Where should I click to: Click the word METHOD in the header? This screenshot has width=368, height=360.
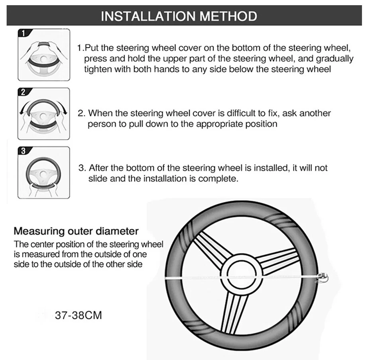pyautogui.click(x=228, y=16)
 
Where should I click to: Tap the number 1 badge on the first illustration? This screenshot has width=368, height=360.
pyautogui.click(x=23, y=33)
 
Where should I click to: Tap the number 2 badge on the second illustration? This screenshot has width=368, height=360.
pyautogui.click(x=23, y=92)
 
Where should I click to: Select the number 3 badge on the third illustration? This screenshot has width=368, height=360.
pyautogui.click(x=23, y=151)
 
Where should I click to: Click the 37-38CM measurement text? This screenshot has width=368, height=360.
pyautogui.click(x=79, y=315)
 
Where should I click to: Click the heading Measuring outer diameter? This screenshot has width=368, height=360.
pyautogui.click(x=76, y=231)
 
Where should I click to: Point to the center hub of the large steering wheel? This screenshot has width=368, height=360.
pyautogui.click(x=242, y=275)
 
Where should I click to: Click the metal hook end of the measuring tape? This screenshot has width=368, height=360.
pyautogui.click(x=323, y=278)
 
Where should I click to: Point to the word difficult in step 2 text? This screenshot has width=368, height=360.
pyautogui.click(x=241, y=113)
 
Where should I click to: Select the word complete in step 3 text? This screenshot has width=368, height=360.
pyautogui.click(x=218, y=179)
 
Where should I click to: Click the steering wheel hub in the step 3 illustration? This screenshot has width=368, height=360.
pyautogui.click(x=43, y=174)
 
